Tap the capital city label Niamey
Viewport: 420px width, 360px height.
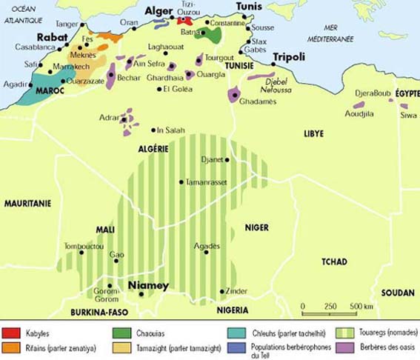(149, 285)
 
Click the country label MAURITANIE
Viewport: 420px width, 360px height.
(26, 203)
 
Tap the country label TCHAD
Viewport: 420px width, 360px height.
(334, 261)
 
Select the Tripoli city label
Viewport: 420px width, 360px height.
(289, 57)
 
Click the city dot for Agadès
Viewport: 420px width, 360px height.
(206, 253)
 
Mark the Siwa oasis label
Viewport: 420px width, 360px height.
(408, 115)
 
